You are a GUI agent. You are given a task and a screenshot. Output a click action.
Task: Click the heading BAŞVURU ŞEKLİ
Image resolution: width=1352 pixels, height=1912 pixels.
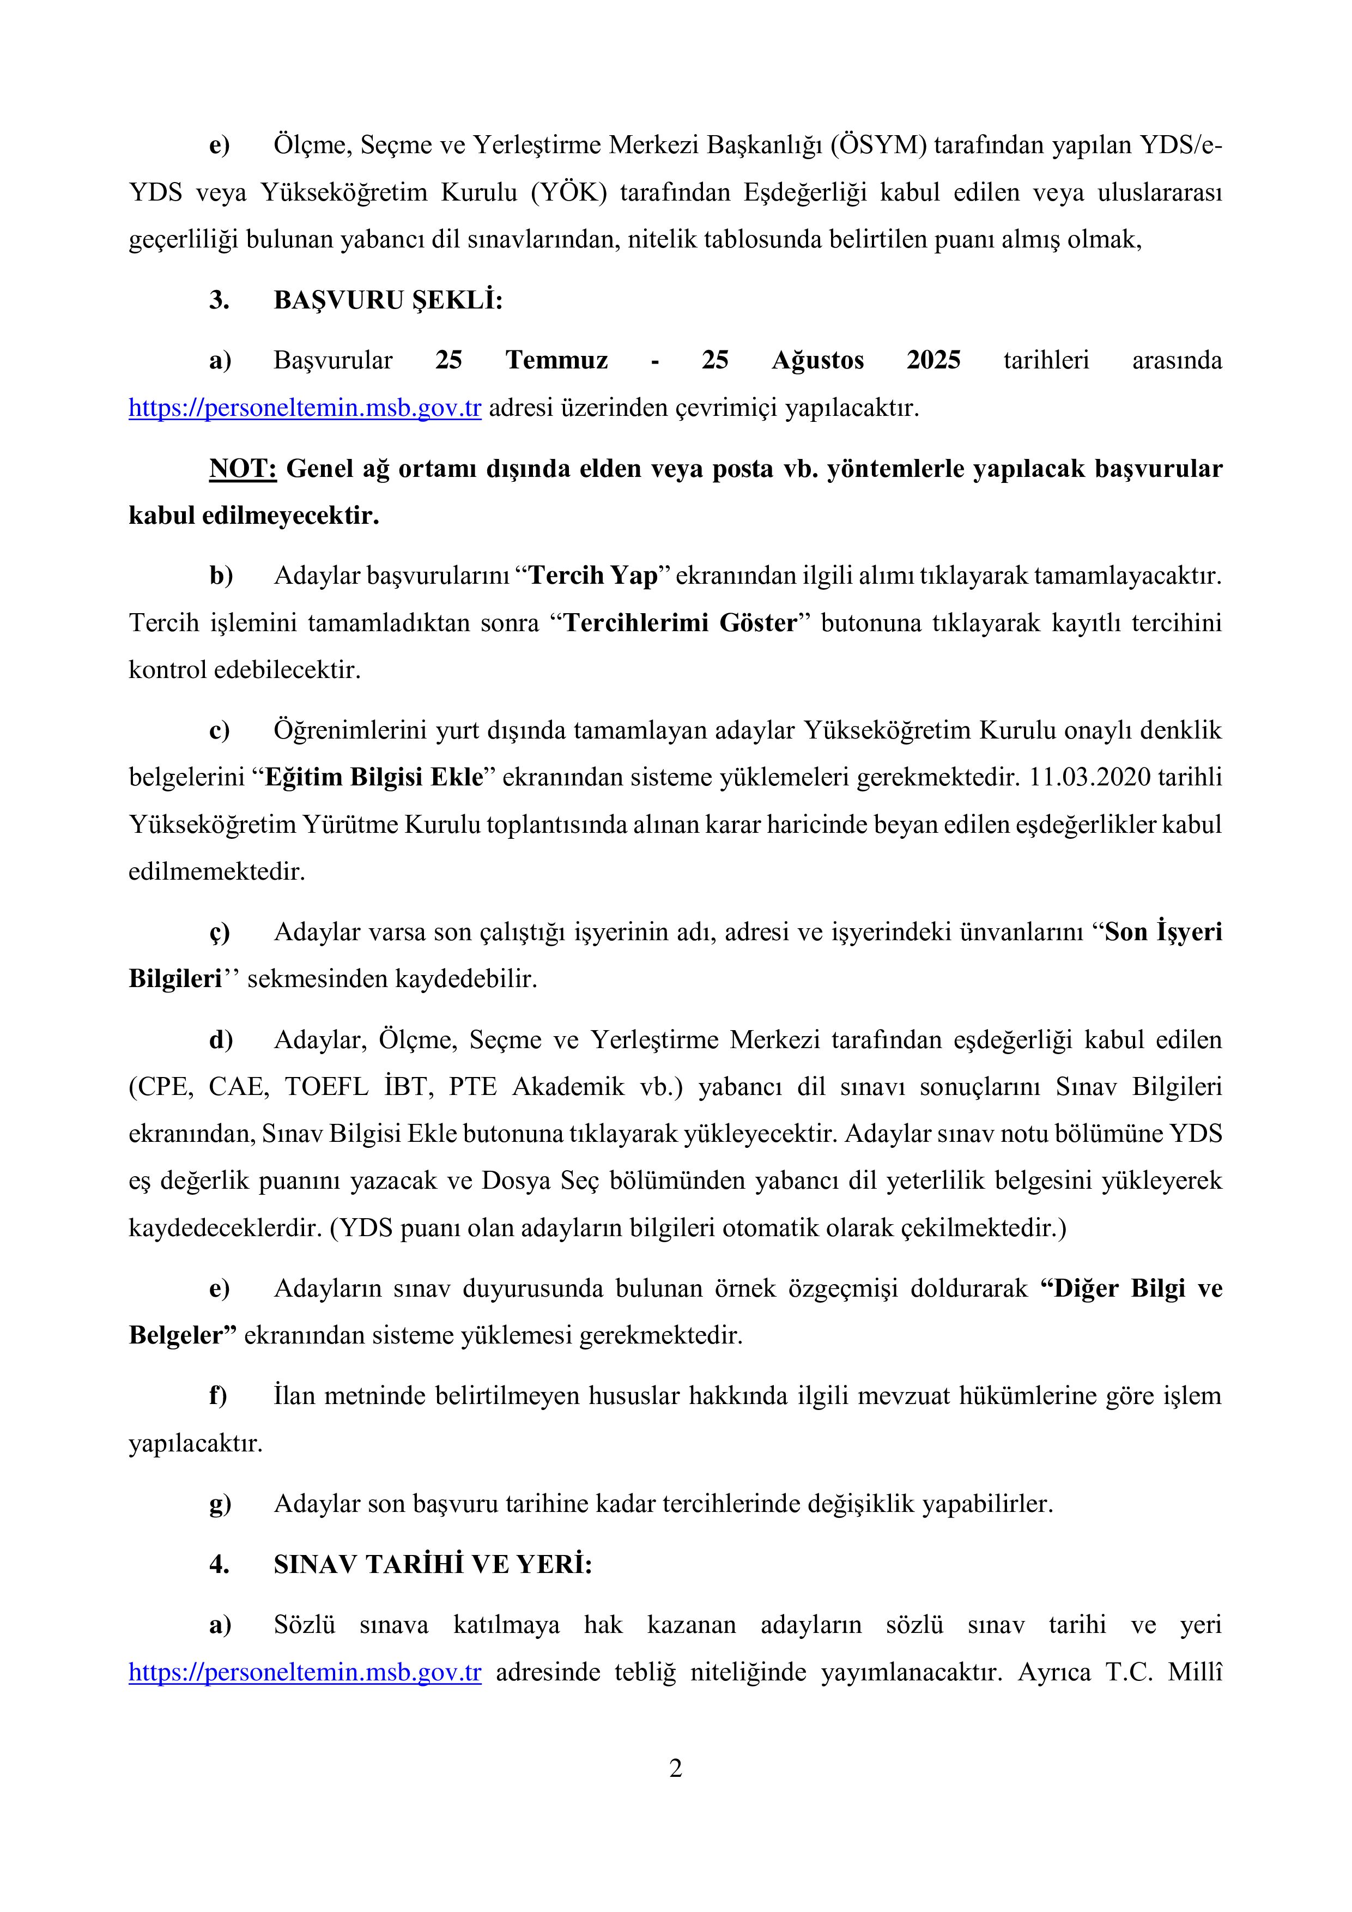pos(388,301)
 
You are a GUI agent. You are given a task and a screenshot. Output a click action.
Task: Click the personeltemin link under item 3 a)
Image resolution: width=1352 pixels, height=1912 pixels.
pos(305,409)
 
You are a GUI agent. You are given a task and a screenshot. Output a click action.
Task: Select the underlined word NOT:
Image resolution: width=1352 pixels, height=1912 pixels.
pos(242,469)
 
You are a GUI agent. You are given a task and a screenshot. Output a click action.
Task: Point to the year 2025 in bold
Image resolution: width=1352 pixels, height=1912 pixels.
pos(933,361)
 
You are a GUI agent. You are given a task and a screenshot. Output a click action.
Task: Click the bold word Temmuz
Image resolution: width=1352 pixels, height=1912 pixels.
pos(556,361)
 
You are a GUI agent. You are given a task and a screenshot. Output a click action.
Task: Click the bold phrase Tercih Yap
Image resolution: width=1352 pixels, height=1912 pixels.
pos(593,576)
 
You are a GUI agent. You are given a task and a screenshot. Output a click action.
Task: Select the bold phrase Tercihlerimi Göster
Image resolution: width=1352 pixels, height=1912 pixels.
pos(680,623)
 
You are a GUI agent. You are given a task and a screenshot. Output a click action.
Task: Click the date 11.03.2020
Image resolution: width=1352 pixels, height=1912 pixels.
pos(1090,777)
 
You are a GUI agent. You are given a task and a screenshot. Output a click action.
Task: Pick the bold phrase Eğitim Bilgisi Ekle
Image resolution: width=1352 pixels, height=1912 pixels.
pos(374,777)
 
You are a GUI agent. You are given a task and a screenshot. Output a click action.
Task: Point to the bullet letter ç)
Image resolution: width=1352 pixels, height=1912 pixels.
pos(219,932)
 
